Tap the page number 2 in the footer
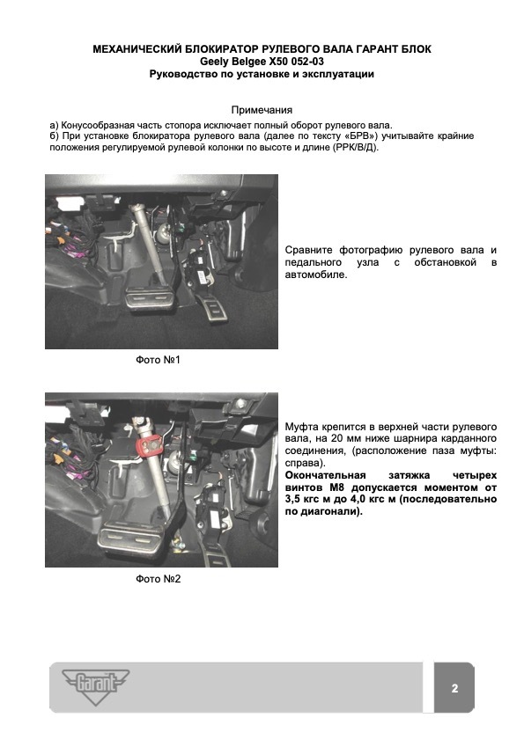pyautogui.click(x=454, y=688)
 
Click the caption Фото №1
pyautogui.click(x=158, y=360)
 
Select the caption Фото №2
pyautogui.click(x=158, y=579)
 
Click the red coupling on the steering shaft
pyautogui.click(x=151, y=443)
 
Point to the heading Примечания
pyautogui.click(x=262, y=110)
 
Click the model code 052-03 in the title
pyautogui.click(x=307, y=62)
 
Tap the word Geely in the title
pyautogui.click(x=213, y=62)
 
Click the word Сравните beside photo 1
pyautogui.click(x=308, y=250)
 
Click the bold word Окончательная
pyautogui.click(x=326, y=475)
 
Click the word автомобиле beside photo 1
pyautogui.click(x=315, y=275)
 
